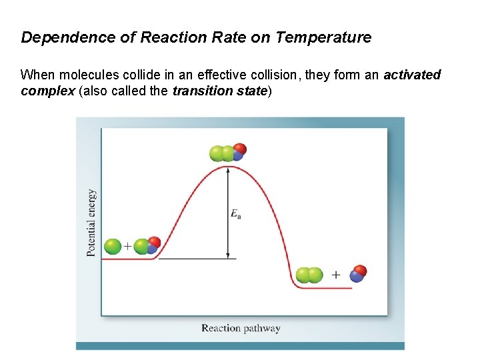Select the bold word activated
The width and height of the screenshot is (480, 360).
point(412,75)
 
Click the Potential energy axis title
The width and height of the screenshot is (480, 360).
point(91,223)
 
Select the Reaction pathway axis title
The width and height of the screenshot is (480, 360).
point(241,328)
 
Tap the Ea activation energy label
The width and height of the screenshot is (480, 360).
point(236,213)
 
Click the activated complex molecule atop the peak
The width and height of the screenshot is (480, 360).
point(227,153)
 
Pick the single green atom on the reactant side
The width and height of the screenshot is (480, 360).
point(113,247)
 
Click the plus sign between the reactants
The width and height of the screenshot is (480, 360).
point(127,247)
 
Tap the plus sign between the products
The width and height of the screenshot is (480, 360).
point(335,275)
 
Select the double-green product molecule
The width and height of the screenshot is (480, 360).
point(309,275)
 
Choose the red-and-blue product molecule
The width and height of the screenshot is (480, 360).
point(358,273)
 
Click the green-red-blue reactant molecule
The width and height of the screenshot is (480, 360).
point(147,246)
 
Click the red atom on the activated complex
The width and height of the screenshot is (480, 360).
point(240,149)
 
